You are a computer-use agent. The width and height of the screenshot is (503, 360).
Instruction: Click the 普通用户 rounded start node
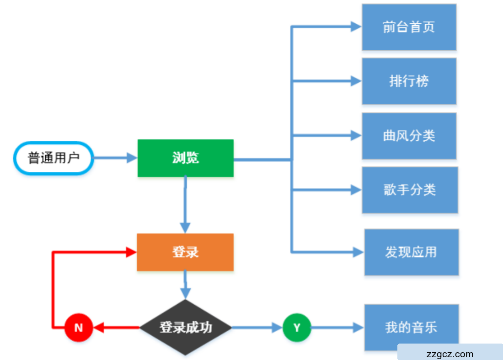click(x=54, y=158)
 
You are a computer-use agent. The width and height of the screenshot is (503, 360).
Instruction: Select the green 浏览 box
click(x=185, y=158)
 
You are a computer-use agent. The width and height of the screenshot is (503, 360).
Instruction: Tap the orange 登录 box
click(x=185, y=252)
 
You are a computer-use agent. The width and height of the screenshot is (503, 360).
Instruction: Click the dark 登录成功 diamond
click(x=185, y=327)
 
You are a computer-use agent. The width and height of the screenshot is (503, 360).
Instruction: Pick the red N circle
click(x=79, y=327)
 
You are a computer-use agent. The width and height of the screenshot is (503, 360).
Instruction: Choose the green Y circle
click(x=297, y=327)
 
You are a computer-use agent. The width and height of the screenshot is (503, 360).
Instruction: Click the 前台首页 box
click(x=409, y=27)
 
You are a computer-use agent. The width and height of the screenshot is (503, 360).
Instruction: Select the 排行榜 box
click(x=409, y=81)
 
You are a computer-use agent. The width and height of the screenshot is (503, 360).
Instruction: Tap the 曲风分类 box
click(x=409, y=136)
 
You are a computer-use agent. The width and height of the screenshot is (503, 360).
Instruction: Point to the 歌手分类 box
click(x=410, y=190)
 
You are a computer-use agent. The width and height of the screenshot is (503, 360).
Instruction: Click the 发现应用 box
click(x=411, y=252)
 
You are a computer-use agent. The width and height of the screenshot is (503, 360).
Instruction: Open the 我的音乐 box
click(x=411, y=327)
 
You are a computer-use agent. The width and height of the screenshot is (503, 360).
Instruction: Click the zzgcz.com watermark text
click(x=449, y=354)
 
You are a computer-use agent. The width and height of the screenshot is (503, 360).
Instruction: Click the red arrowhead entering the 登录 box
click(x=131, y=252)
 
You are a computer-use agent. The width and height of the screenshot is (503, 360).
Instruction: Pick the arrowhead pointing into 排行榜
click(x=356, y=81)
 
